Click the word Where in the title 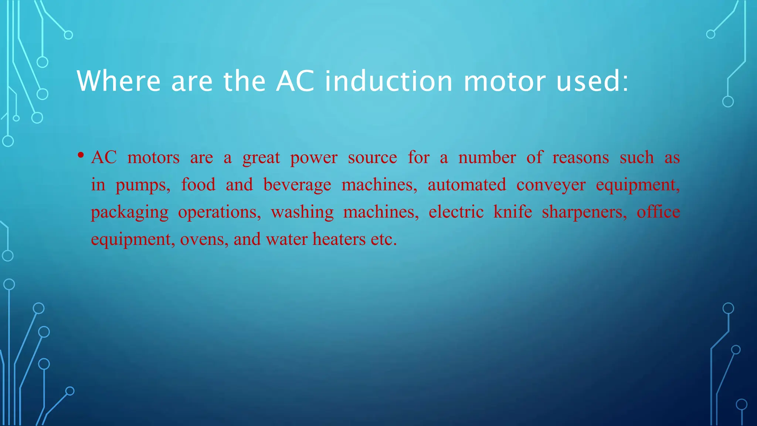click(x=118, y=81)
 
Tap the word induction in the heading click(x=388, y=81)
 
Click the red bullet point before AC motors click(x=81, y=155)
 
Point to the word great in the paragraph click(x=261, y=158)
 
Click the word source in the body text click(x=372, y=158)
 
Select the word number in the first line click(x=487, y=158)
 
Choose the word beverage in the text click(x=297, y=185)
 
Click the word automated click(x=467, y=185)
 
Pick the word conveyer click(x=551, y=185)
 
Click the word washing click(x=302, y=212)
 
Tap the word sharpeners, click(x=584, y=212)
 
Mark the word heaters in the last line click(x=339, y=239)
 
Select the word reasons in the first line click(x=580, y=158)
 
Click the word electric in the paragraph click(x=456, y=212)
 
